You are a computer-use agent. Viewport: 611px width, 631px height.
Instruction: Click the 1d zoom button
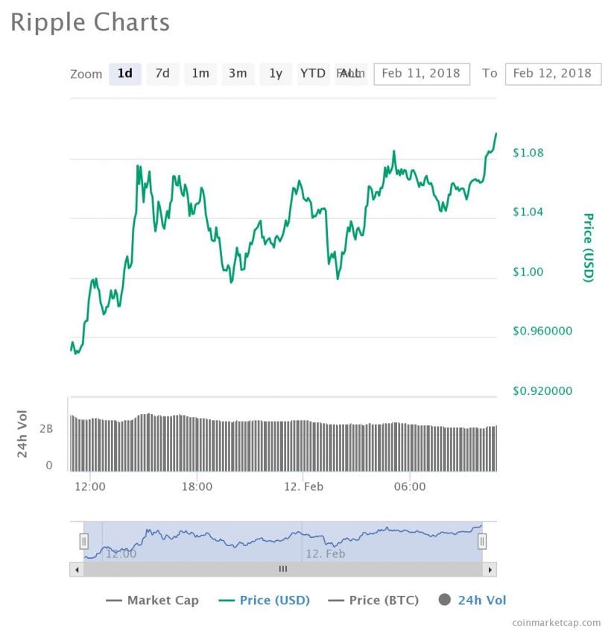125,73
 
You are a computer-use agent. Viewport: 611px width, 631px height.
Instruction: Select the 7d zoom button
162,73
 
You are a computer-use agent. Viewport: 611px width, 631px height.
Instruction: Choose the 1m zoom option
200,73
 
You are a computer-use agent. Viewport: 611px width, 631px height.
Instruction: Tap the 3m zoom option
238,73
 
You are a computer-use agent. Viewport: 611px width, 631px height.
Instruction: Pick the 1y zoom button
276,73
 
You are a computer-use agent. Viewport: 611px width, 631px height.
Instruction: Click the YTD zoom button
313,73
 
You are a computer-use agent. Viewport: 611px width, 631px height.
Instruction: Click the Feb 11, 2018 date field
421,73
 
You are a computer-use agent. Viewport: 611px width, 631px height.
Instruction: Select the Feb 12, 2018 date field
552,73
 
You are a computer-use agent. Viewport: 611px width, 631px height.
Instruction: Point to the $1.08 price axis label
528,153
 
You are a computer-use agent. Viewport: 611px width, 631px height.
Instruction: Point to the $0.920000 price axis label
542,390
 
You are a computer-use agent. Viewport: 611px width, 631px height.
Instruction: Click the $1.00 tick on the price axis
528,271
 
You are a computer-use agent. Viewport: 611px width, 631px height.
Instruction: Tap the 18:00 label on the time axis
197,486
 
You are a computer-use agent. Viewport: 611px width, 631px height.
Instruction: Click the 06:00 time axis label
410,486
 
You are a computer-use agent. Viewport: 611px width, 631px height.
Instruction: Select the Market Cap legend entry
153,600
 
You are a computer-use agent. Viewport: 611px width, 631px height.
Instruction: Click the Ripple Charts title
90,22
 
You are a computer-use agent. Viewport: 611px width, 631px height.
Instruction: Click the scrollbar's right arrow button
490,569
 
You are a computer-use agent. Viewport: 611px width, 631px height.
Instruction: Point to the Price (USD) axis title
588,247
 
